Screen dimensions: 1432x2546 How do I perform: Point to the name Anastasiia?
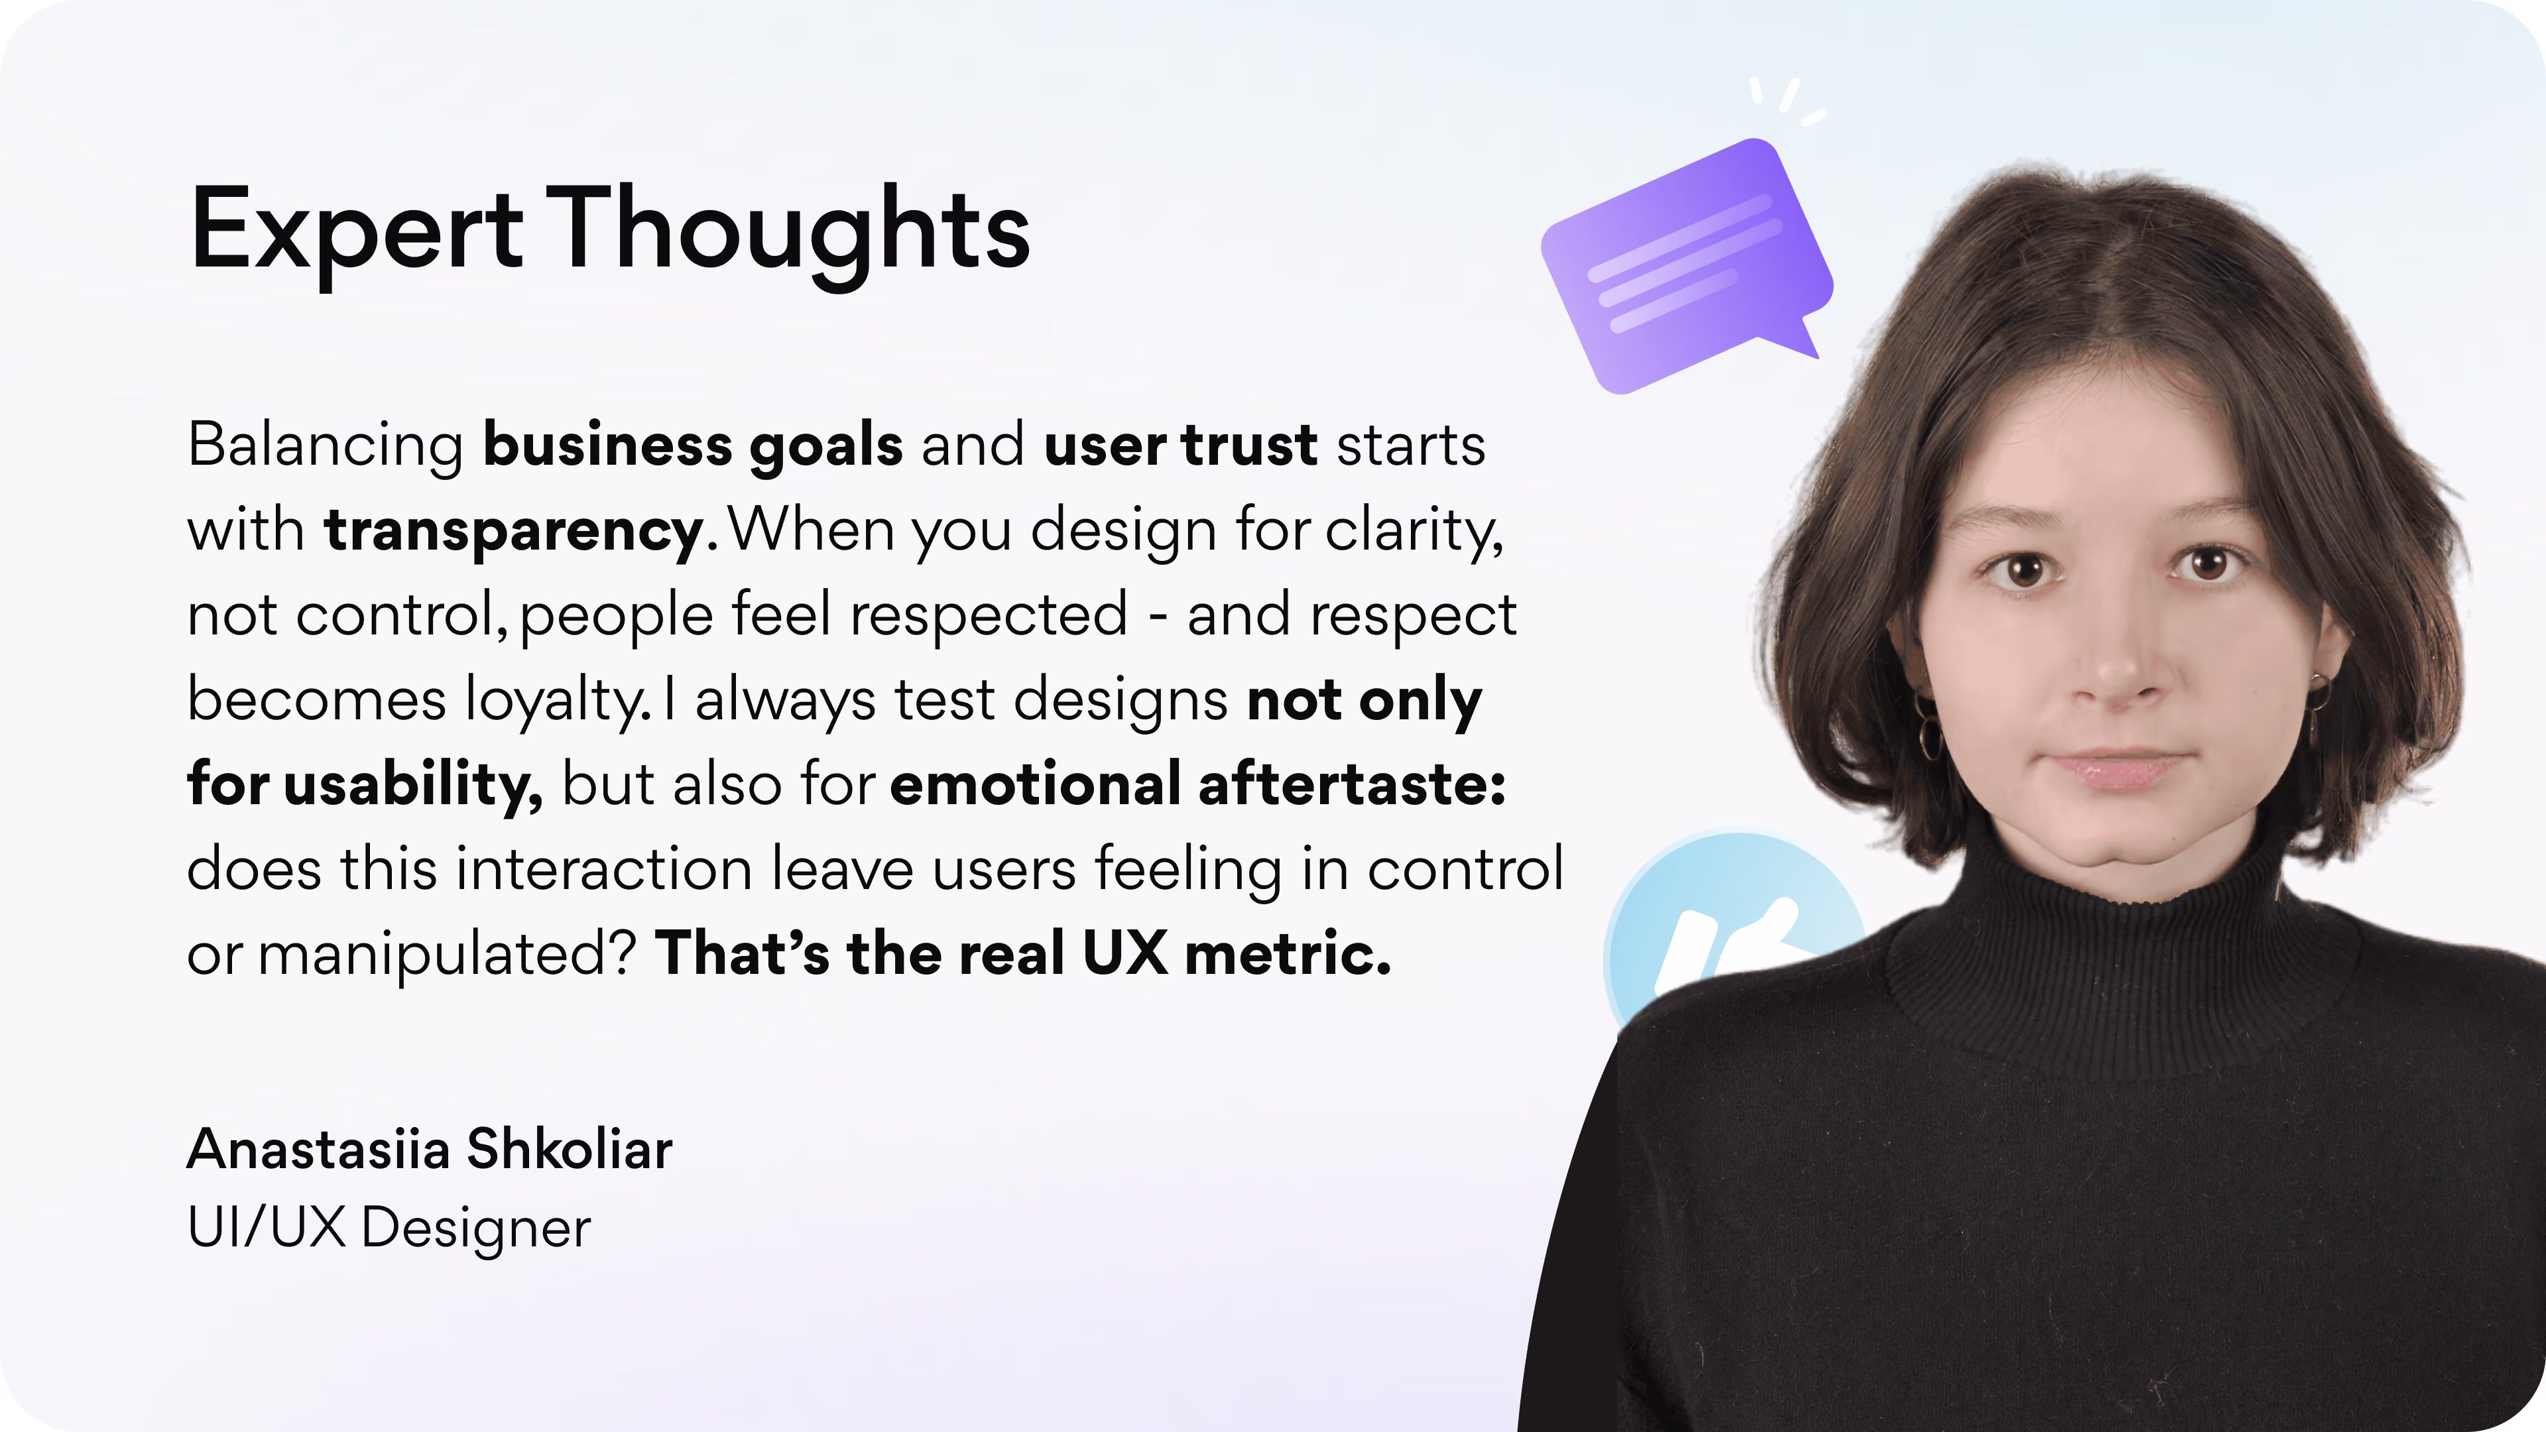(x=318, y=1150)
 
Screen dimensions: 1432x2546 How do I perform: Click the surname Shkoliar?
(x=570, y=1150)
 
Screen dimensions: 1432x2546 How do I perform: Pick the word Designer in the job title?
(x=475, y=1228)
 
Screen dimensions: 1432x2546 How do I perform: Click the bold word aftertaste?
(x=1351, y=785)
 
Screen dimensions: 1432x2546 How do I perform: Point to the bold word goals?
(x=826, y=446)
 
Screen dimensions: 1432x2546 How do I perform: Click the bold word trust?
(x=1249, y=446)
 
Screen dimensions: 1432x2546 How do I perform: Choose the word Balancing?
(x=325, y=446)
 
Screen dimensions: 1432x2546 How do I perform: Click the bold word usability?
(x=413, y=786)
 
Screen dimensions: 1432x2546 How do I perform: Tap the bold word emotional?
(x=1035, y=785)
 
